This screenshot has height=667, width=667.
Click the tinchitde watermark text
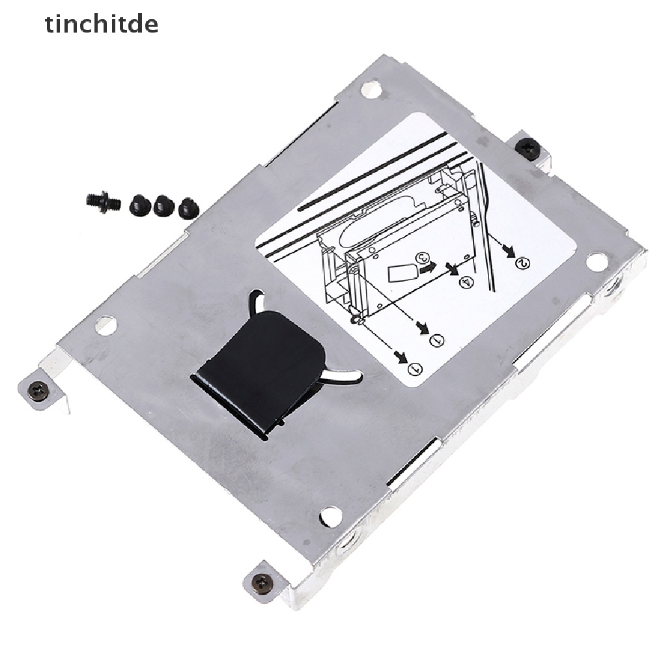(101, 25)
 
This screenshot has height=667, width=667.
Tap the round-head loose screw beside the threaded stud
(140, 205)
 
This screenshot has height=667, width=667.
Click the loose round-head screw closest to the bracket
(188, 208)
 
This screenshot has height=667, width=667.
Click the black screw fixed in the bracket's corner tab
(527, 149)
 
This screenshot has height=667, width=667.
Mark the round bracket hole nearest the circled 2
(597, 261)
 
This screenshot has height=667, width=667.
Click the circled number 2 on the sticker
(523, 263)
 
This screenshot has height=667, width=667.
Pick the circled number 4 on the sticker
(447, 282)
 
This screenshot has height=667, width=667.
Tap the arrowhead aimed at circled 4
(449, 266)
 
